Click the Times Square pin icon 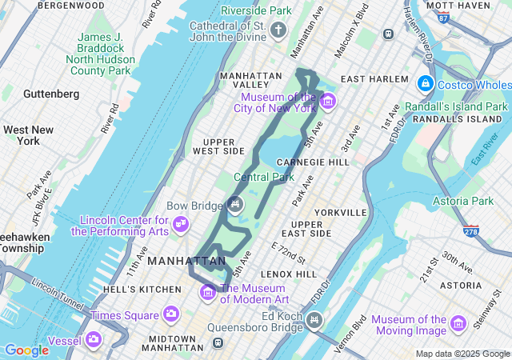pyautogui.click(x=170, y=314)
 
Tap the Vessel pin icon pyautogui.click(x=94, y=339)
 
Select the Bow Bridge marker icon pyautogui.click(x=235, y=204)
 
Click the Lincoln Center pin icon pyautogui.click(x=182, y=222)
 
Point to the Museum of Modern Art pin pyautogui.click(x=209, y=290)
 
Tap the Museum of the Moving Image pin pyautogui.click(x=458, y=323)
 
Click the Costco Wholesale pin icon pyautogui.click(x=426, y=84)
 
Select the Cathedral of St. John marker pyautogui.click(x=278, y=31)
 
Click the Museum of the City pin pyautogui.click(x=327, y=101)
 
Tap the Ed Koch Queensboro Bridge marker pyautogui.click(x=314, y=321)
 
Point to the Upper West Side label pyautogui.click(x=218, y=146)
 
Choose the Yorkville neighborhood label pyautogui.click(x=341, y=213)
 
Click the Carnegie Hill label pyautogui.click(x=323, y=162)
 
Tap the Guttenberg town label pyautogui.click(x=51, y=94)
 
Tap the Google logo pyautogui.click(x=26, y=350)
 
